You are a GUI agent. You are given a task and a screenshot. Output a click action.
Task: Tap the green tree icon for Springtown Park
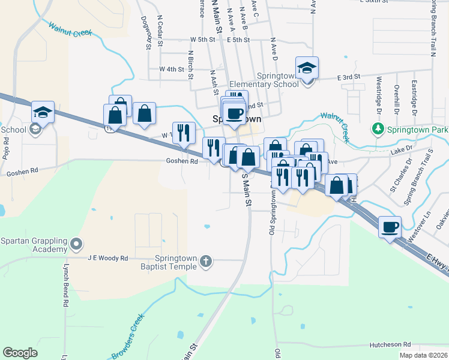[378, 128]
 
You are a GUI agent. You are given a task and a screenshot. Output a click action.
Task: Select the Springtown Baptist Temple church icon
[206, 260]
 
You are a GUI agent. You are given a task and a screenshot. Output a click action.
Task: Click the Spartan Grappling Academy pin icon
[76, 244]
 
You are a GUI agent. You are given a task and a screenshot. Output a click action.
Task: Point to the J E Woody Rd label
[108, 258]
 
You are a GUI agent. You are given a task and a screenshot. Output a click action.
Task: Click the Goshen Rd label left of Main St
[182, 161]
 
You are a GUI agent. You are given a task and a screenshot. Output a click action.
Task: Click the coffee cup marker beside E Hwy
[390, 226]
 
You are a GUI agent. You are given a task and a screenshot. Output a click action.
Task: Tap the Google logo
[20, 353]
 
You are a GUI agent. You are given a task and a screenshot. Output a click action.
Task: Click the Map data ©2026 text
[423, 355]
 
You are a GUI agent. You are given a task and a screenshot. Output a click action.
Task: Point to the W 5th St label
[202, 39]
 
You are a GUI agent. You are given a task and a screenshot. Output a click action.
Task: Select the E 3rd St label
[348, 77]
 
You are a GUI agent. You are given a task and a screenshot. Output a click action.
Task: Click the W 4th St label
[171, 69]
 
